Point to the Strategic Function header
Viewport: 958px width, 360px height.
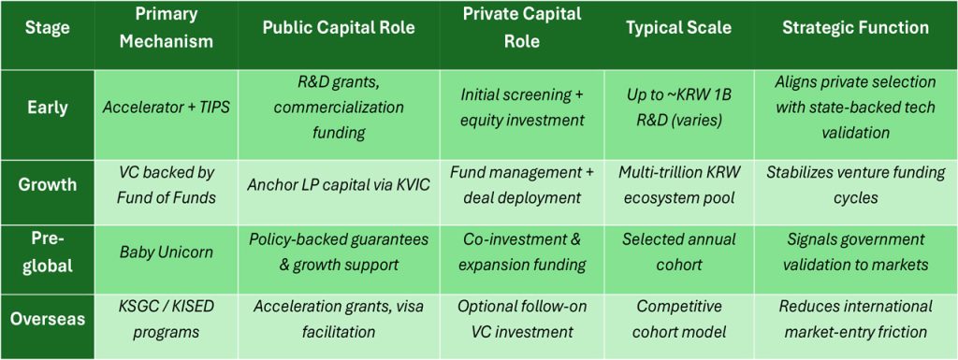(x=855, y=28)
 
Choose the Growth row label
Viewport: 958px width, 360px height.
(x=47, y=184)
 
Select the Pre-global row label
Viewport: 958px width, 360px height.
(x=47, y=252)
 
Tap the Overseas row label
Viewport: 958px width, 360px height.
(x=47, y=318)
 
